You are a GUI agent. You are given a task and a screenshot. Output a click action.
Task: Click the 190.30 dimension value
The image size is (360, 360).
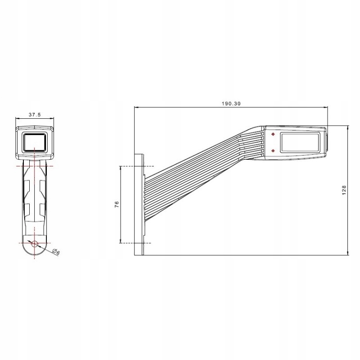click(231, 103)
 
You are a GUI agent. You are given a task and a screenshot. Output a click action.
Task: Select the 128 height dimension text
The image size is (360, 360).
click(344, 190)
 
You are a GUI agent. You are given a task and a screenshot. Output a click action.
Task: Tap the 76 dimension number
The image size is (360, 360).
click(117, 204)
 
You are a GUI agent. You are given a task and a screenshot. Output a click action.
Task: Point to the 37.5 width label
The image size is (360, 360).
click(35, 115)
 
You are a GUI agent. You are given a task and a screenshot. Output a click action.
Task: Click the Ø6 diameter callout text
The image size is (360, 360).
click(56, 252)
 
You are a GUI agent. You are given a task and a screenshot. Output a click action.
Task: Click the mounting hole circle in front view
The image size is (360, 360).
click(35, 244)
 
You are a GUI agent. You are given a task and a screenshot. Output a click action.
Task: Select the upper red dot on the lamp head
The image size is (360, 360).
click(273, 134)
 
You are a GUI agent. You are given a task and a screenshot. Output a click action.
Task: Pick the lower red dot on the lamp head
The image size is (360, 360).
click(273, 151)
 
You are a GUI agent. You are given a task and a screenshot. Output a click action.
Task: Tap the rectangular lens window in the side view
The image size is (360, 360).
click(300, 142)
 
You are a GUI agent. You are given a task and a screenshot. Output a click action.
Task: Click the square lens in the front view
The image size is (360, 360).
click(35, 142)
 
